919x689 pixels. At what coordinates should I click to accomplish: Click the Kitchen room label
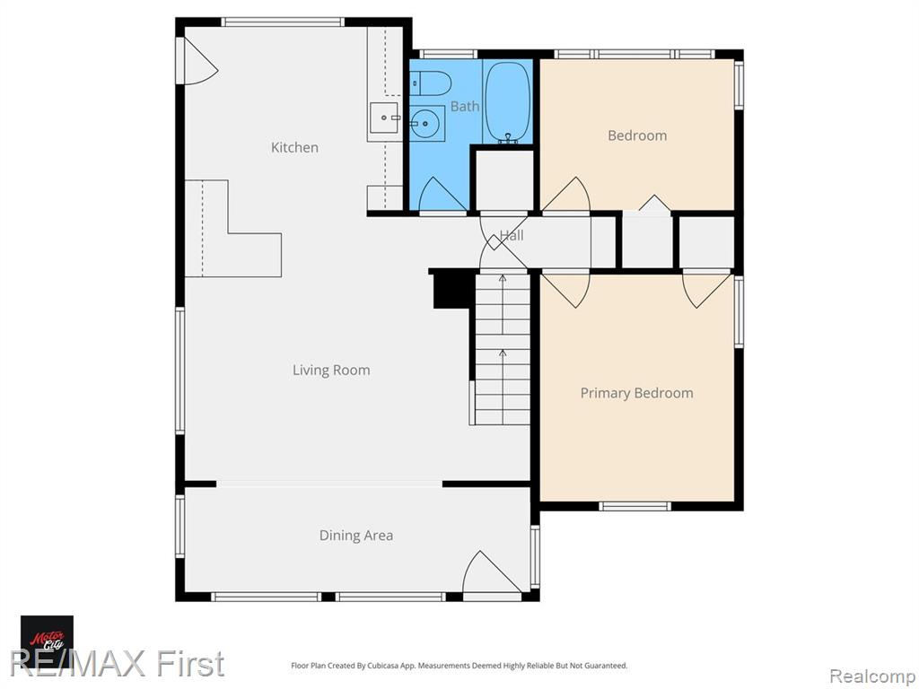point(294,147)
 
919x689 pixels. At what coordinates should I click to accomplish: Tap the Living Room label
point(331,371)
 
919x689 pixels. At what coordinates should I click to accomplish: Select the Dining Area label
point(355,535)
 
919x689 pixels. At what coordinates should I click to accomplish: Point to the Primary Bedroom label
point(636,393)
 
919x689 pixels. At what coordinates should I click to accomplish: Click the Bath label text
point(465,106)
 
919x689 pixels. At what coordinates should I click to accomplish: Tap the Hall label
point(512,236)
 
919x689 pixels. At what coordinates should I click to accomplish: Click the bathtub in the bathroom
point(508,102)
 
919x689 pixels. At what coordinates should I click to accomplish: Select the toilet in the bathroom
point(430,83)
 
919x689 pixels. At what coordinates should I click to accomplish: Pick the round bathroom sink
point(426,124)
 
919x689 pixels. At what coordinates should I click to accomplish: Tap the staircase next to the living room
point(503,349)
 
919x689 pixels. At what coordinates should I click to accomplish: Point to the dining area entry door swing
point(491,572)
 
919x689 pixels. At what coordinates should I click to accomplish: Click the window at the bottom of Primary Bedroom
point(635,506)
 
